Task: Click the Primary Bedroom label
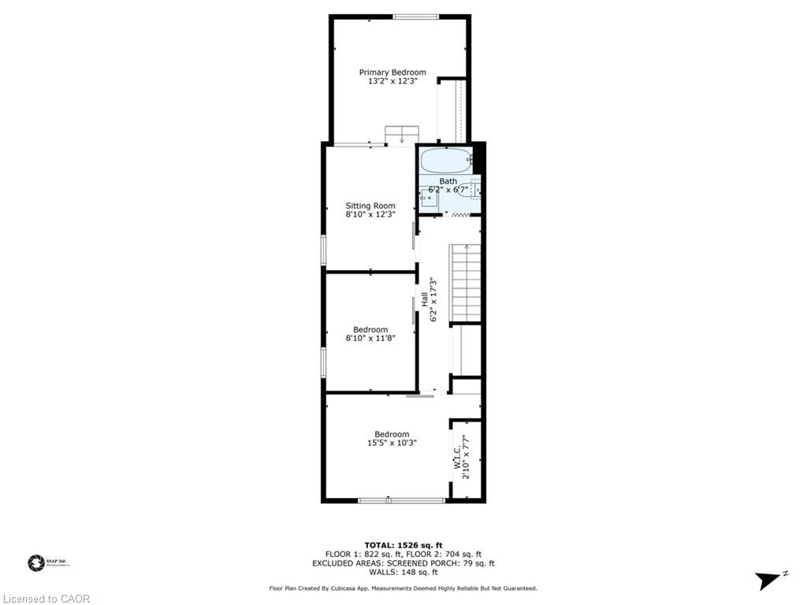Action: point(392,72)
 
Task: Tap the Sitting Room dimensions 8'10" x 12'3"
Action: point(370,213)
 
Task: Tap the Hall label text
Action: point(424,299)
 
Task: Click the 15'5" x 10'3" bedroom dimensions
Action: point(392,443)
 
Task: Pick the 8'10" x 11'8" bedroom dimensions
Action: point(370,337)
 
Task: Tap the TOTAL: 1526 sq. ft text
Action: point(403,545)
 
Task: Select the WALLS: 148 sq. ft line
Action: point(403,572)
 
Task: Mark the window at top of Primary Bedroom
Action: point(416,17)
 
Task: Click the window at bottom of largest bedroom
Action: point(401,500)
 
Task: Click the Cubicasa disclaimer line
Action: point(403,588)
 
